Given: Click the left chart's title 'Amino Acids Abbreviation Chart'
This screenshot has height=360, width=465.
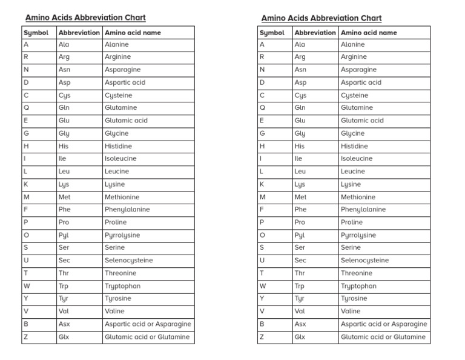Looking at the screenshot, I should pyautogui.click(x=85, y=18).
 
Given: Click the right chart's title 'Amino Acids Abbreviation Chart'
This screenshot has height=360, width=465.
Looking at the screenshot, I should pyautogui.click(x=322, y=18).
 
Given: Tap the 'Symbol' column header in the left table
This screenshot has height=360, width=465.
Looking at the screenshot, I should pyautogui.click(x=35, y=33).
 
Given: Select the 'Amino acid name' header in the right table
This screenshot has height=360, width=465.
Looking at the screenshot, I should pyautogui.click(x=369, y=33).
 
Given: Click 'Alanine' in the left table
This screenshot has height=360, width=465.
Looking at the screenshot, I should pyautogui.click(x=116, y=44).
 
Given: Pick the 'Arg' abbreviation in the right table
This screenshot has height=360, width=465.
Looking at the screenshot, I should pyautogui.click(x=300, y=57).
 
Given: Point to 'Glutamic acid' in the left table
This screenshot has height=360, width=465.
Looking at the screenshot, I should pyautogui.click(x=126, y=121).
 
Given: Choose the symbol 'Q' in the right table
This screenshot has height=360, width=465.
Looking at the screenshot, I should pyautogui.click(x=262, y=108).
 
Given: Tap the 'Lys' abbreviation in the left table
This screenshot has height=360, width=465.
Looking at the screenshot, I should pyautogui.click(x=64, y=184).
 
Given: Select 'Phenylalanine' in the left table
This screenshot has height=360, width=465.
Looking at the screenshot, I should pyautogui.click(x=127, y=210).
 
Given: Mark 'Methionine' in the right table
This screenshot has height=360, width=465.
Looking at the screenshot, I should pyautogui.click(x=358, y=197).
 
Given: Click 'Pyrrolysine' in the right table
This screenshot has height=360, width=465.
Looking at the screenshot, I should pyautogui.click(x=358, y=235).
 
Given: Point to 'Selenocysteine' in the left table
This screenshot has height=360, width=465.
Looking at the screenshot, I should pyautogui.click(x=128, y=261).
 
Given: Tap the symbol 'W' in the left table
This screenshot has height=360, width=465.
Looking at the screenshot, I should pyautogui.click(x=27, y=286).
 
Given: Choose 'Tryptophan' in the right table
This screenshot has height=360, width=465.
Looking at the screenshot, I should pyautogui.click(x=358, y=286).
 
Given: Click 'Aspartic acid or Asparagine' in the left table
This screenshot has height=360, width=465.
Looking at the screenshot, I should pyautogui.click(x=148, y=324).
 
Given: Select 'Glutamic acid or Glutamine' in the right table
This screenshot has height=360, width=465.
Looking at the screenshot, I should pyautogui.click(x=383, y=337).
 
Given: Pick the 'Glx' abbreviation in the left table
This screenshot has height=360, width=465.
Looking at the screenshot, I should pyautogui.click(x=64, y=337).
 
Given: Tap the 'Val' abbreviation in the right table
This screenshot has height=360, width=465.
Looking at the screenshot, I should pyautogui.click(x=300, y=312).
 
